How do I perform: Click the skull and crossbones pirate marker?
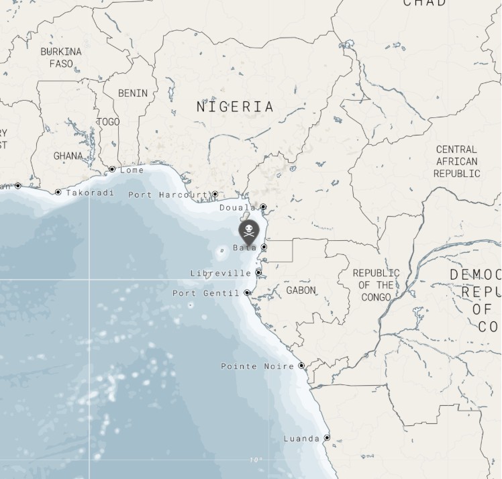tap(248, 231)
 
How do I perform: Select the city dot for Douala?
tap(263, 207)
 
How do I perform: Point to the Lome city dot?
tap(111, 170)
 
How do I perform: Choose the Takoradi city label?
tap(90, 193)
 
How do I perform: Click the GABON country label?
tap(301, 290)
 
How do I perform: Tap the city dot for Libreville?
tap(258, 273)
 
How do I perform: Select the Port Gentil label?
tap(205, 293)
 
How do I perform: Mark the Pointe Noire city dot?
tap(301, 366)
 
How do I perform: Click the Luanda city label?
tap(301, 439)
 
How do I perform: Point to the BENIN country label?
tap(133, 93)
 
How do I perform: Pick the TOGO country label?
tap(108, 121)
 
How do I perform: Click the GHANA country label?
tap(68, 156)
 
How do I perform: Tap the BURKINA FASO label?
tap(61, 58)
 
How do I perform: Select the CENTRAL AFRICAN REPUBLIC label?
tap(456, 161)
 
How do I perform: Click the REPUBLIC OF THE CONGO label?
tap(376, 285)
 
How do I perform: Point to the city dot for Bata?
tap(264, 248)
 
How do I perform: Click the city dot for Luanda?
tap(327, 438)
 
